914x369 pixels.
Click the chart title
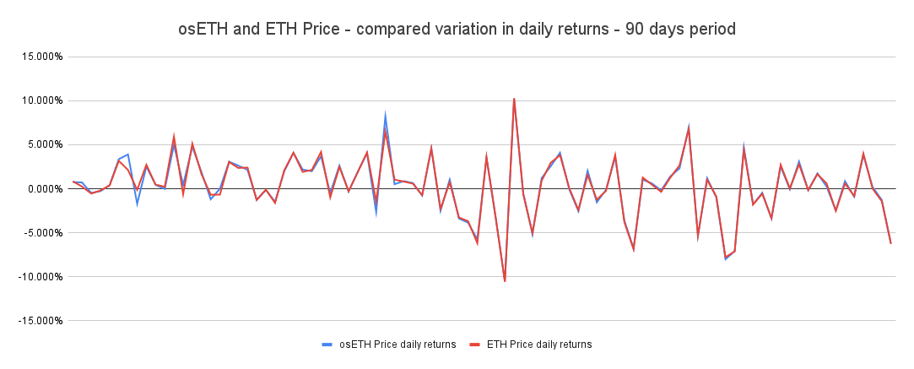[457, 29]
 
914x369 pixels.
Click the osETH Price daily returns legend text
[398, 345]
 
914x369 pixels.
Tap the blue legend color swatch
[327, 345]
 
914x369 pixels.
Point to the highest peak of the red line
[514, 99]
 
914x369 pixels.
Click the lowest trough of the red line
[505, 280]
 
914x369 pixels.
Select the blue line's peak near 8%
[385, 116]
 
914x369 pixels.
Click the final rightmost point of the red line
[890, 243]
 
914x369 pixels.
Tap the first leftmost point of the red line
[73, 182]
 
